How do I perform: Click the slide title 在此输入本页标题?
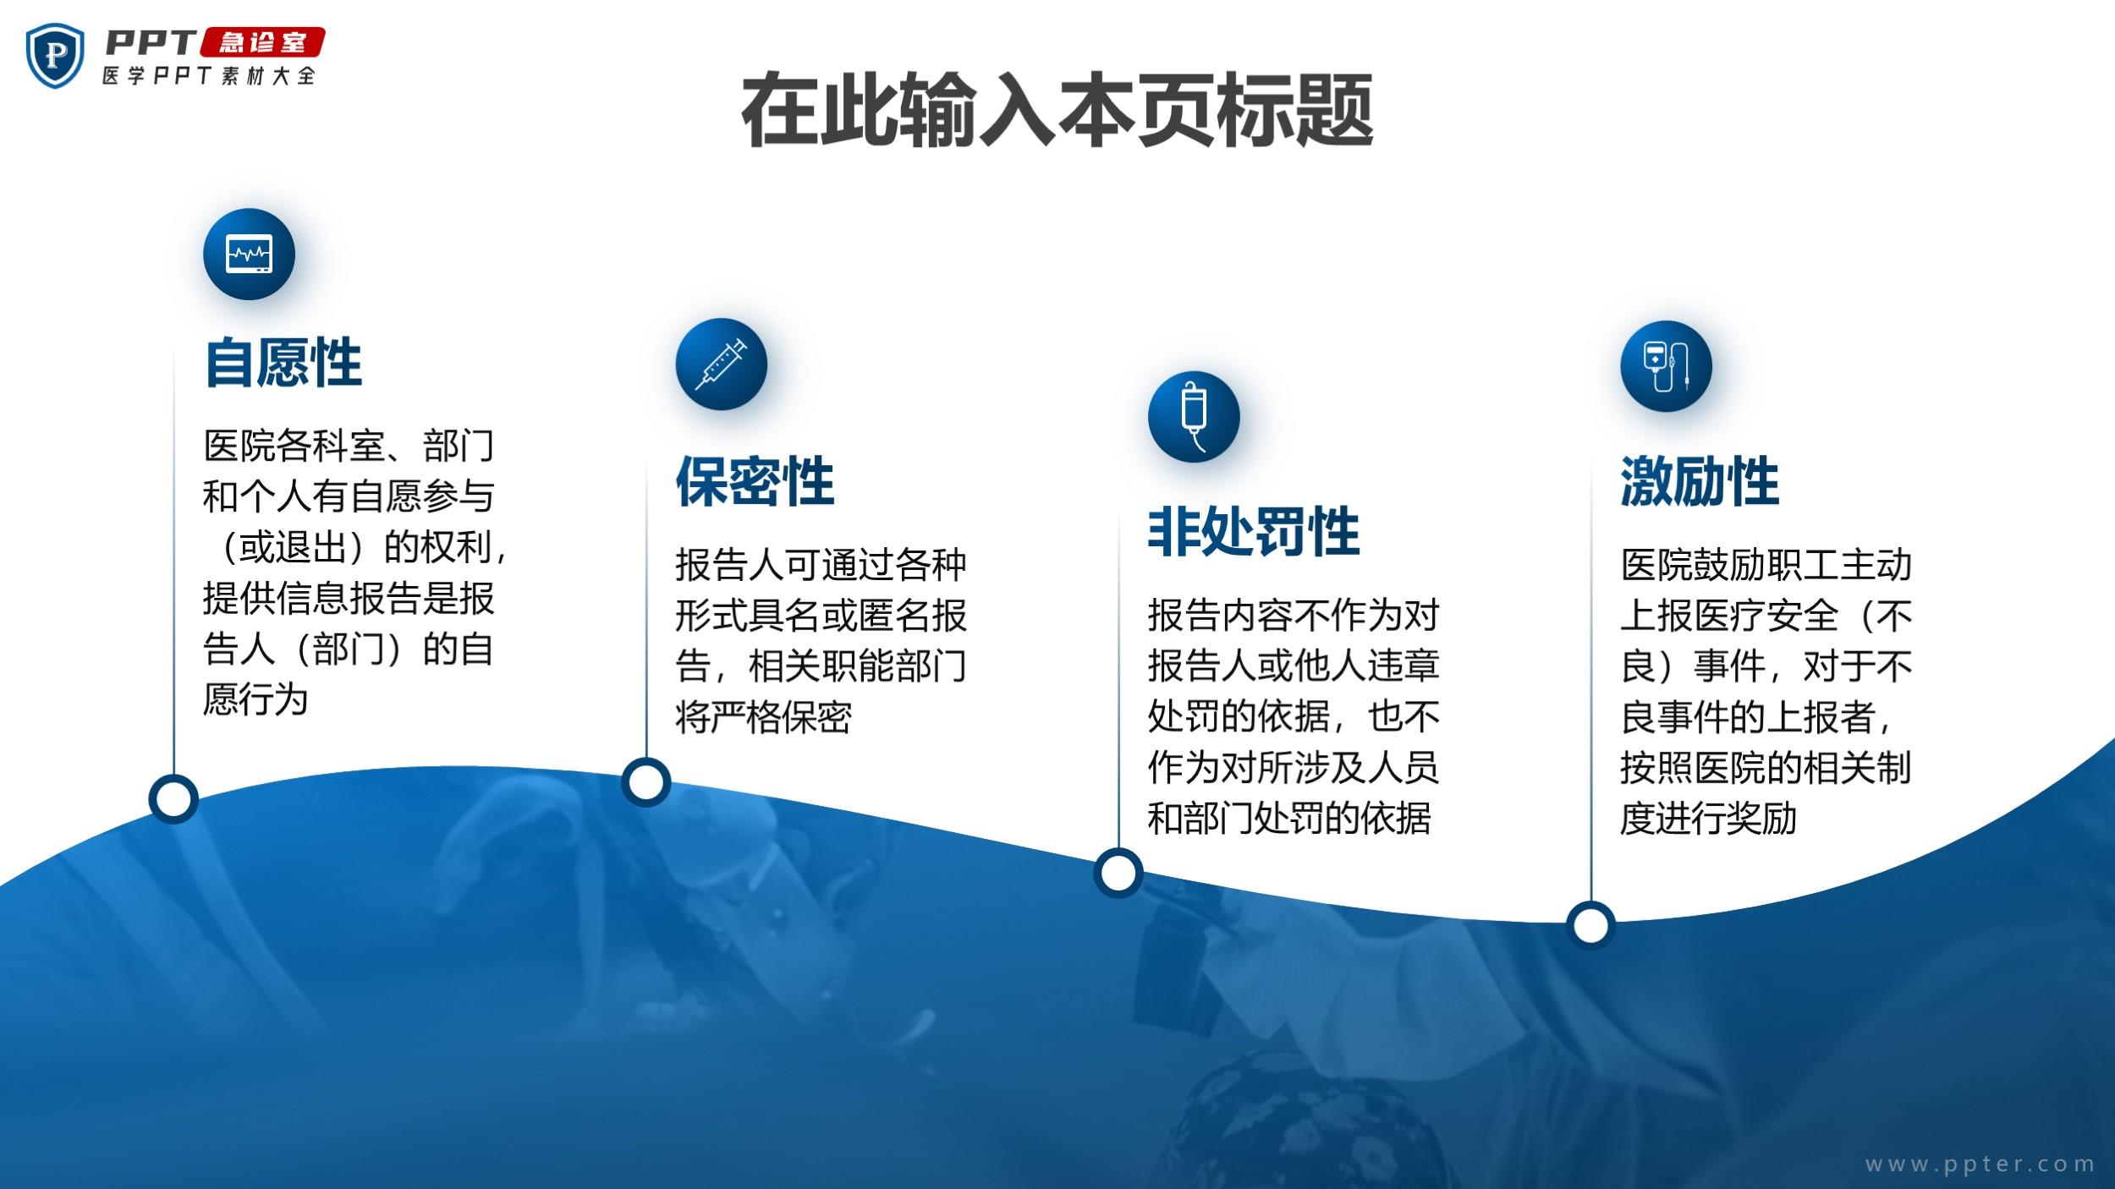(x=1057, y=111)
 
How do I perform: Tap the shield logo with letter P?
(x=56, y=55)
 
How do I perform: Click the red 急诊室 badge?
(x=262, y=42)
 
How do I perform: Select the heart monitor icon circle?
(x=249, y=254)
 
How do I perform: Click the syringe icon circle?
(x=721, y=364)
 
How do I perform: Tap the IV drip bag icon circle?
(x=1194, y=416)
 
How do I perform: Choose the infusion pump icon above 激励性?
(x=1666, y=366)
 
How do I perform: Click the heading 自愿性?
(x=283, y=363)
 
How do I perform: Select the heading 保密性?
(x=755, y=481)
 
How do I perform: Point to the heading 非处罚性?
(x=1254, y=532)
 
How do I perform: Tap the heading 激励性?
(x=1700, y=481)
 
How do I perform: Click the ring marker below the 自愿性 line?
(x=173, y=799)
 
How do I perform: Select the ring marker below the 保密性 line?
(x=646, y=782)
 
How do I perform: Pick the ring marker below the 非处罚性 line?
(x=1118, y=873)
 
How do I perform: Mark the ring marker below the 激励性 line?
(x=1590, y=925)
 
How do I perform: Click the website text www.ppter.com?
(x=1980, y=1164)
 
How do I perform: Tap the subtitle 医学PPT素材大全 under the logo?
(x=209, y=75)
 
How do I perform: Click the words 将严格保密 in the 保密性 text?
(x=763, y=717)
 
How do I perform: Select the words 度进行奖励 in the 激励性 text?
(x=1708, y=819)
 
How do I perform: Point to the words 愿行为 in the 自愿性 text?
(x=255, y=700)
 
